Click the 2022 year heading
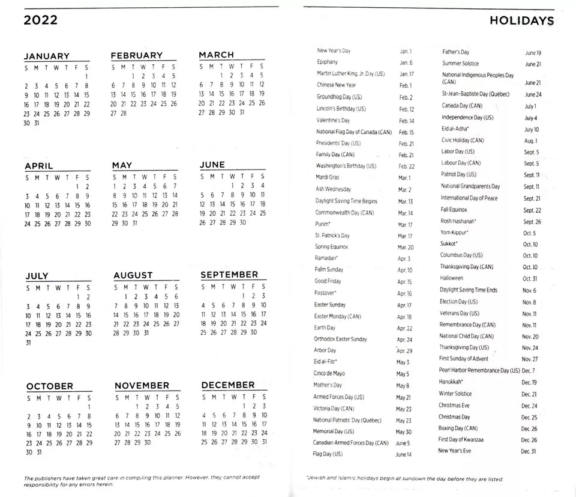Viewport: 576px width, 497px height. [x=41, y=20]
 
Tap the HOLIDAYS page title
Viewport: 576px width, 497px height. [x=521, y=20]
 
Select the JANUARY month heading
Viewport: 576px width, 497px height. [x=46, y=56]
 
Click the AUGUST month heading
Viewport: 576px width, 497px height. [x=133, y=275]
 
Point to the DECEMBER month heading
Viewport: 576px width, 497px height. [x=228, y=385]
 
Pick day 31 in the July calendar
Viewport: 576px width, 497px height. [x=28, y=343]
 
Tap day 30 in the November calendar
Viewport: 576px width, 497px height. [x=147, y=442]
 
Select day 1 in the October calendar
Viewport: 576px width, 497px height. [x=88, y=407]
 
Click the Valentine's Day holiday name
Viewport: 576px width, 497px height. [x=332, y=120]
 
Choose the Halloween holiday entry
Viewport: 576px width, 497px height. [x=451, y=278]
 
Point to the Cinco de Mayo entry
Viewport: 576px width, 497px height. [x=329, y=373]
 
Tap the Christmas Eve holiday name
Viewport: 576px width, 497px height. [x=454, y=405]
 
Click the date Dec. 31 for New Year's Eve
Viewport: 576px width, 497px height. [x=528, y=451]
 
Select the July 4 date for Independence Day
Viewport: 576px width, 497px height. [x=530, y=118]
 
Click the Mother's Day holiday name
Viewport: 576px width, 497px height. [x=328, y=385]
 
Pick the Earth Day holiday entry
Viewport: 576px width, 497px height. [x=325, y=328]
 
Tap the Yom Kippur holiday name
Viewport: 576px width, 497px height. [x=454, y=232]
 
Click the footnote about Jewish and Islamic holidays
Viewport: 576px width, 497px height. [x=404, y=478]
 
